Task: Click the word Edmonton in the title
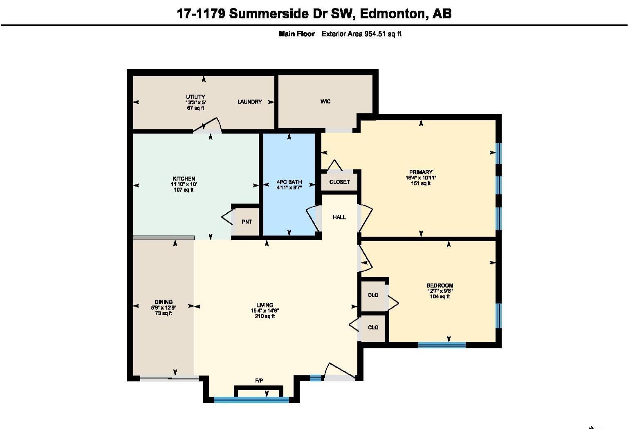tap(393, 14)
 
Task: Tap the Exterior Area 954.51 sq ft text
tap(361, 34)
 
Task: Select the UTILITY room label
tap(195, 97)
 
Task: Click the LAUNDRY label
tap(249, 102)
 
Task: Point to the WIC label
tap(325, 102)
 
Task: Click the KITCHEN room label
tap(184, 179)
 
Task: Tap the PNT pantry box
tap(247, 222)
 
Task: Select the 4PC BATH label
tap(289, 182)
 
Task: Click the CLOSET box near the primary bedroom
tap(339, 182)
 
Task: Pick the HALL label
tap(339, 217)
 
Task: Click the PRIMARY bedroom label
tap(421, 172)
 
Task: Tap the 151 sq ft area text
tap(421, 183)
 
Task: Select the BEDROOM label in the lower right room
tap(440, 286)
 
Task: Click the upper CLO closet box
tap(373, 295)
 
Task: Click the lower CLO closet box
tap(373, 327)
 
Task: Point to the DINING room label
tap(163, 302)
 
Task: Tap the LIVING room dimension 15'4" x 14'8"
tap(265, 311)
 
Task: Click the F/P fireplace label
tap(259, 381)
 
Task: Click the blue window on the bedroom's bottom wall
tap(442, 345)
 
